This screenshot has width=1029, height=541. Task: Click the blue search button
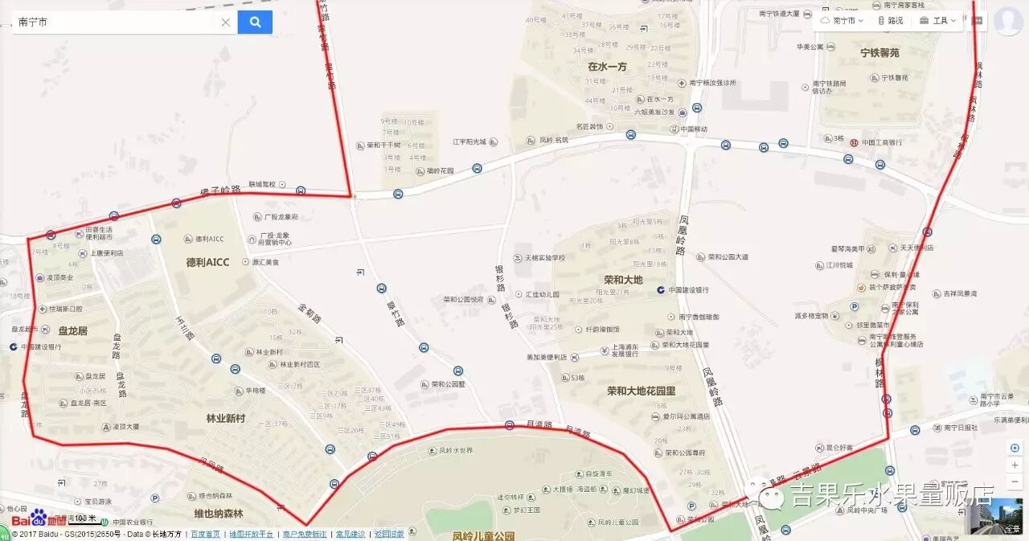(255, 22)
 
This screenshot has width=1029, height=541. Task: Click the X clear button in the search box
(225, 23)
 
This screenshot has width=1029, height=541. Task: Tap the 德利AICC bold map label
(207, 262)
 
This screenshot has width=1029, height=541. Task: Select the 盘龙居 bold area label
(72, 330)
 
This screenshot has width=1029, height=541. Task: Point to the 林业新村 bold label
(226, 418)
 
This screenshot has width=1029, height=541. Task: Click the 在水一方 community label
(607, 67)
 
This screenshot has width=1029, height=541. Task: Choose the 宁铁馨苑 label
(879, 53)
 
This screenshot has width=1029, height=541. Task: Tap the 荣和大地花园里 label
(641, 391)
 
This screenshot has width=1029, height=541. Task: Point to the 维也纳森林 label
(218, 513)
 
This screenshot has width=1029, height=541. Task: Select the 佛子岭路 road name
(220, 192)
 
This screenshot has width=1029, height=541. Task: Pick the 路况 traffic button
(890, 21)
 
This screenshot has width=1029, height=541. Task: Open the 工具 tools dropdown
(938, 21)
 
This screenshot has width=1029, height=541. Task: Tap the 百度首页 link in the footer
(205, 534)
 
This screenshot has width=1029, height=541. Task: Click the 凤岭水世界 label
(456, 451)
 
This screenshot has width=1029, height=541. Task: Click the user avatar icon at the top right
(1007, 21)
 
